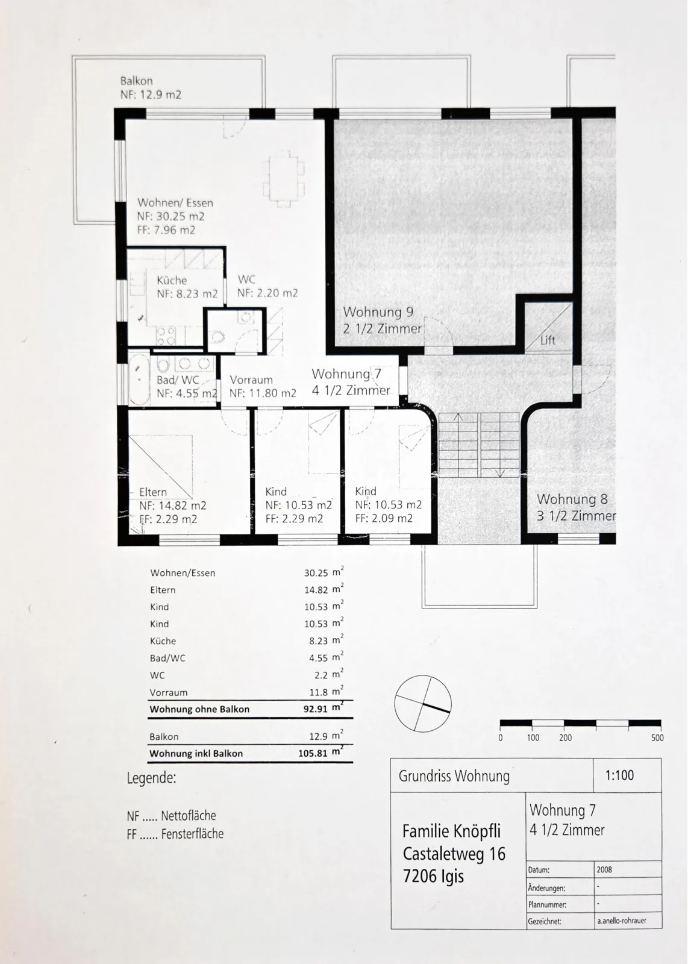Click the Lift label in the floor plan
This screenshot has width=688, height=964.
click(x=548, y=340)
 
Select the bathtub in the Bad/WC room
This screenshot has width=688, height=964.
click(x=139, y=378)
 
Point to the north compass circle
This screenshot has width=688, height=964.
click(x=423, y=703)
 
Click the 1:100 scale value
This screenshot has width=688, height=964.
click(x=619, y=775)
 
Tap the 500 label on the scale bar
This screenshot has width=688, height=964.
click(x=657, y=737)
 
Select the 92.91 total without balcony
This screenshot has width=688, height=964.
click(x=316, y=709)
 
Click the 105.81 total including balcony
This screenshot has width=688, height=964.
click(x=313, y=753)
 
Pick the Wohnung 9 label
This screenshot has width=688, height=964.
click(x=378, y=311)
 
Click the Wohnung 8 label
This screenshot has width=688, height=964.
click(x=572, y=499)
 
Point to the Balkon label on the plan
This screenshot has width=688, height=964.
click(x=136, y=81)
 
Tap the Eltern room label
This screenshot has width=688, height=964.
click(x=153, y=492)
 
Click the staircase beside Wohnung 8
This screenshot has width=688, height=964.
click(x=479, y=445)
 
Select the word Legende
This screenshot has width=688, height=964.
click(x=151, y=778)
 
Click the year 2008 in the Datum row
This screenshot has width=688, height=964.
click(x=604, y=869)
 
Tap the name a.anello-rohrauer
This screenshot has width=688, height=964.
click(x=621, y=921)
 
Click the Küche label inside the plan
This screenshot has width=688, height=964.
click(x=172, y=280)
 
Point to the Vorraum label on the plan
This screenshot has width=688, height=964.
click(x=251, y=380)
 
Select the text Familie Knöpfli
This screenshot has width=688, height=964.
click(x=451, y=831)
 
